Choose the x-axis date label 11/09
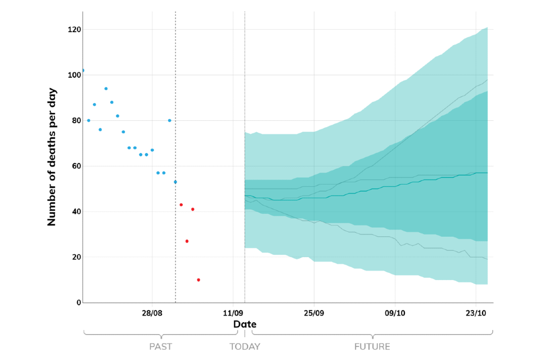pyautogui.click(x=233, y=313)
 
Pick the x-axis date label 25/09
pyautogui.click(x=314, y=313)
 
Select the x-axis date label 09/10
pyautogui.click(x=395, y=313)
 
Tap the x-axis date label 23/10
pyautogui.click(x=476, y=313)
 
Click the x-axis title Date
pyautogui.click(x=245, y=325)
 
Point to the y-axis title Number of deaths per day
pyautogui.click(x=52, y=156)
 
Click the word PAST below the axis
pyautogui.click(x=160, y=346)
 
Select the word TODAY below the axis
pyautogui.click(x=245, y=346)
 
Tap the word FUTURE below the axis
pyautogui.click(x=372, y=346)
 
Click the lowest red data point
pyautogui.click(x=199, y=280)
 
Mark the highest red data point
pyautogui.click(x=181, y=205)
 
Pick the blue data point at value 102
pyautogui.click(x=83, y=70)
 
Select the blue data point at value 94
pyautogui.click(x=106, y=88)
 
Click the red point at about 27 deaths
pyautogui.click(x=187, y=241)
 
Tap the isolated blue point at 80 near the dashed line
pyautogui.click(x=169, y=120)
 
